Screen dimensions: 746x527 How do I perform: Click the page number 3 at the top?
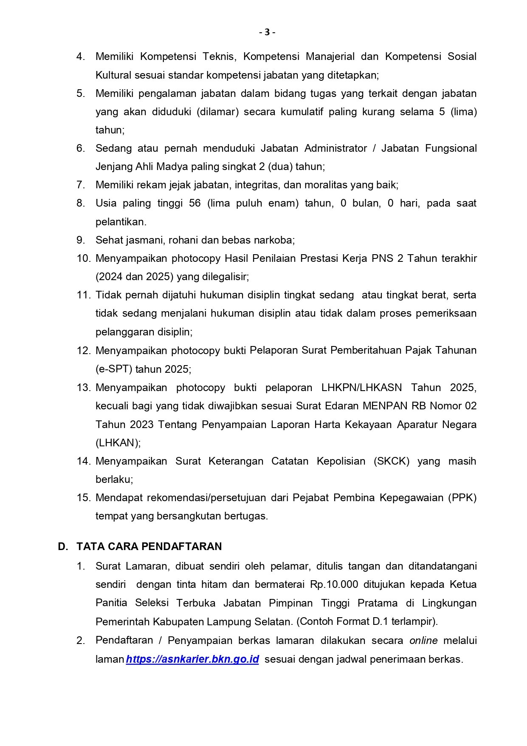[267, 32]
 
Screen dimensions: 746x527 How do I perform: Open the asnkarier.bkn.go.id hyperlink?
[192, 659]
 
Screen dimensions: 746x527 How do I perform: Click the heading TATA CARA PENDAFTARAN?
[149, 546]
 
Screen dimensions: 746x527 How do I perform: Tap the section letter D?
[63, 546]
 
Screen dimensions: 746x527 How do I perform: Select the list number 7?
[81, 185]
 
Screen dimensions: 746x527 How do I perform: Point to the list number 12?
[83, 351]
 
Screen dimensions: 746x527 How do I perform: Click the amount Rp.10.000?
[334, 584]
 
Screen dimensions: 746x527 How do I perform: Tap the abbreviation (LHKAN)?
[118, 442]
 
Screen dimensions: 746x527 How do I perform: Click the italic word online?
[423, 641]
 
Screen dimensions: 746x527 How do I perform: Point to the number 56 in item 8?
[195, 203]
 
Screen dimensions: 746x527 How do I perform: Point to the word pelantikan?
[121, 222]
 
